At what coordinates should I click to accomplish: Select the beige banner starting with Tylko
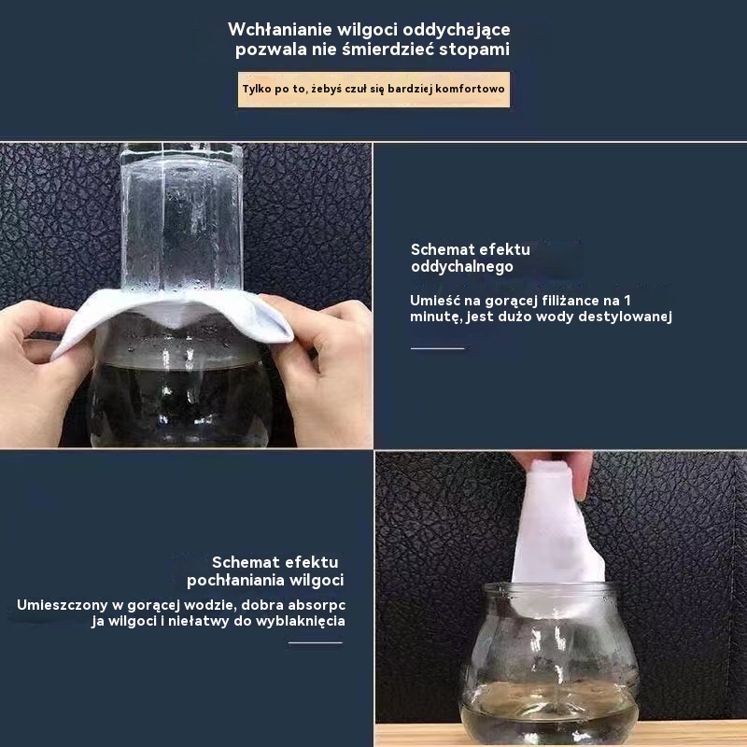point(373,89)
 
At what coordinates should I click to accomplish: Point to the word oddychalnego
point(461,267)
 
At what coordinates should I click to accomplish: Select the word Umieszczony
point(62,605)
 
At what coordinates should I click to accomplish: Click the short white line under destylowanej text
point(437,348)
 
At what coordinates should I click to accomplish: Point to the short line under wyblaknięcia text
point(316,642)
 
